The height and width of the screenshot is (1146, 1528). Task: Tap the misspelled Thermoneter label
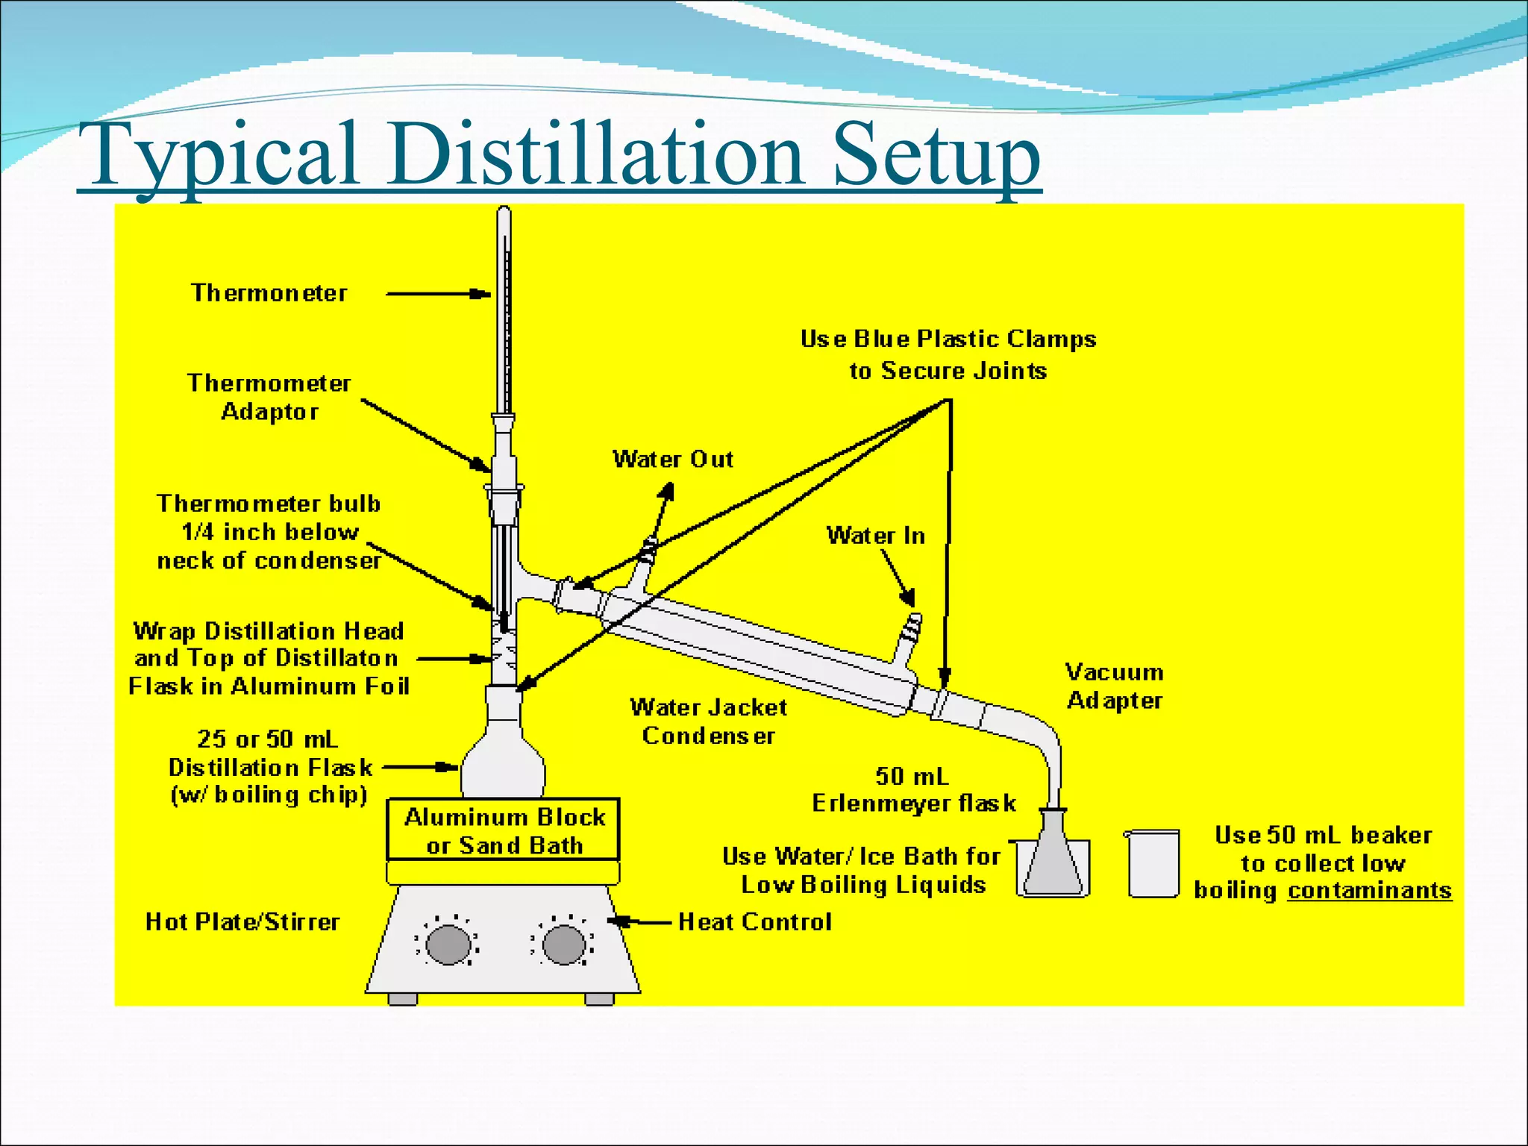tap(269, 293)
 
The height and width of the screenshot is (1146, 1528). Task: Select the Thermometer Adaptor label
tap(269, 397)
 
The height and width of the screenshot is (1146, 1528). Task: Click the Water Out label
tap(673, 459)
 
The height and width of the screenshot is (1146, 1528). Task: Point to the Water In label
tap(875, 536)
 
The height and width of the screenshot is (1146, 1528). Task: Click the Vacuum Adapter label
tap(1115, 686)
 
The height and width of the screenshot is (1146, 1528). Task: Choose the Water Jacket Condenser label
tap(708, 721)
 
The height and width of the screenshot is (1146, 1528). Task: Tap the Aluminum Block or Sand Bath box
tap(504, 830)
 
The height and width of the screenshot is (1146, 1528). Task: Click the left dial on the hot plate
tap(448, 945)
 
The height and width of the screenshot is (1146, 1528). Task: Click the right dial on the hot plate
tap(563, 945)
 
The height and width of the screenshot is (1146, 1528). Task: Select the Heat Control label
tap(754, 922)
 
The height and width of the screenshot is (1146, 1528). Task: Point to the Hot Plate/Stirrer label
tap(242, 922)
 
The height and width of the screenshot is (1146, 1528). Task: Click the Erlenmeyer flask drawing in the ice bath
tap(1053, 858)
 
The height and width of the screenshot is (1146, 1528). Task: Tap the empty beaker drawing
tap(1153, 863)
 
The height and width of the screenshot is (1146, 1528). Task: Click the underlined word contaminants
tap(1370, 891)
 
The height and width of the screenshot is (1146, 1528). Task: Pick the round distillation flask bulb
tap(503, 768)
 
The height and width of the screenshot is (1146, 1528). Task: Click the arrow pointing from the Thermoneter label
tap(436, 294)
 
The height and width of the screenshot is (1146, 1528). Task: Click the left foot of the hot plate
tap(403, 999)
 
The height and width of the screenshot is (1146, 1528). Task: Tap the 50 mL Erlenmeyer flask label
tap(913, 790)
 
